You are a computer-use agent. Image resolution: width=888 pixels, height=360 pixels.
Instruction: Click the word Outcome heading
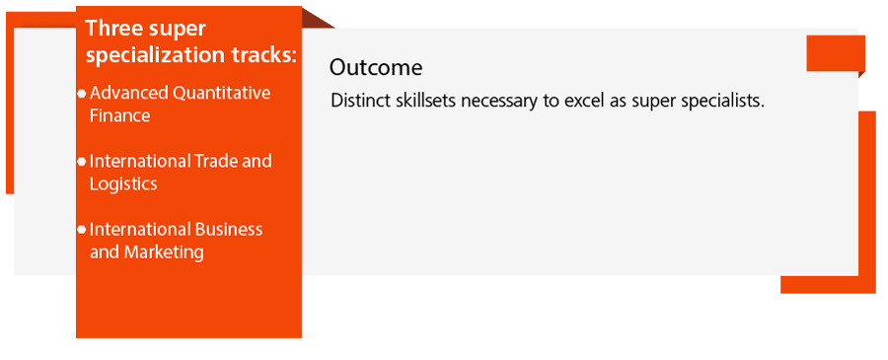tap(376, 67)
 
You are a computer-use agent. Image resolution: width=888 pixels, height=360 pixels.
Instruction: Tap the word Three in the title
tap(111, 29)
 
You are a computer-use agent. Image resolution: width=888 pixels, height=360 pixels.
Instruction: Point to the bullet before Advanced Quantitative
tap(82, 93)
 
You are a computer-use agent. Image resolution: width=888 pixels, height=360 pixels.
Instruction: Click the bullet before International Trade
tap(82, 162)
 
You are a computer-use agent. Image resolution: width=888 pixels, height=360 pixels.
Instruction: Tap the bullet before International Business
tap(82, 230)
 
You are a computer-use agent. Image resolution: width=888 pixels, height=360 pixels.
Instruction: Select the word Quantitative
tap(222, 93)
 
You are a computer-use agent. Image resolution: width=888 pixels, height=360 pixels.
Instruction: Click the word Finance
tap(120, 115)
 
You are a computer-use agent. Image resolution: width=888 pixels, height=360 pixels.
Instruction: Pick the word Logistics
tap(123, 184)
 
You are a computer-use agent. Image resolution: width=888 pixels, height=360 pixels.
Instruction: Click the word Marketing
tap(163, 252)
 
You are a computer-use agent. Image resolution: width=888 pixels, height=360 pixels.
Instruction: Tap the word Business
tap(229, 229)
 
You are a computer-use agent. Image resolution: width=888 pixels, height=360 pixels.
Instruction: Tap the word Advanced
tap(129, 93)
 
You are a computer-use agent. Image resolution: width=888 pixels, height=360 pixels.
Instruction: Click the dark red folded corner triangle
tap(316, 18)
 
